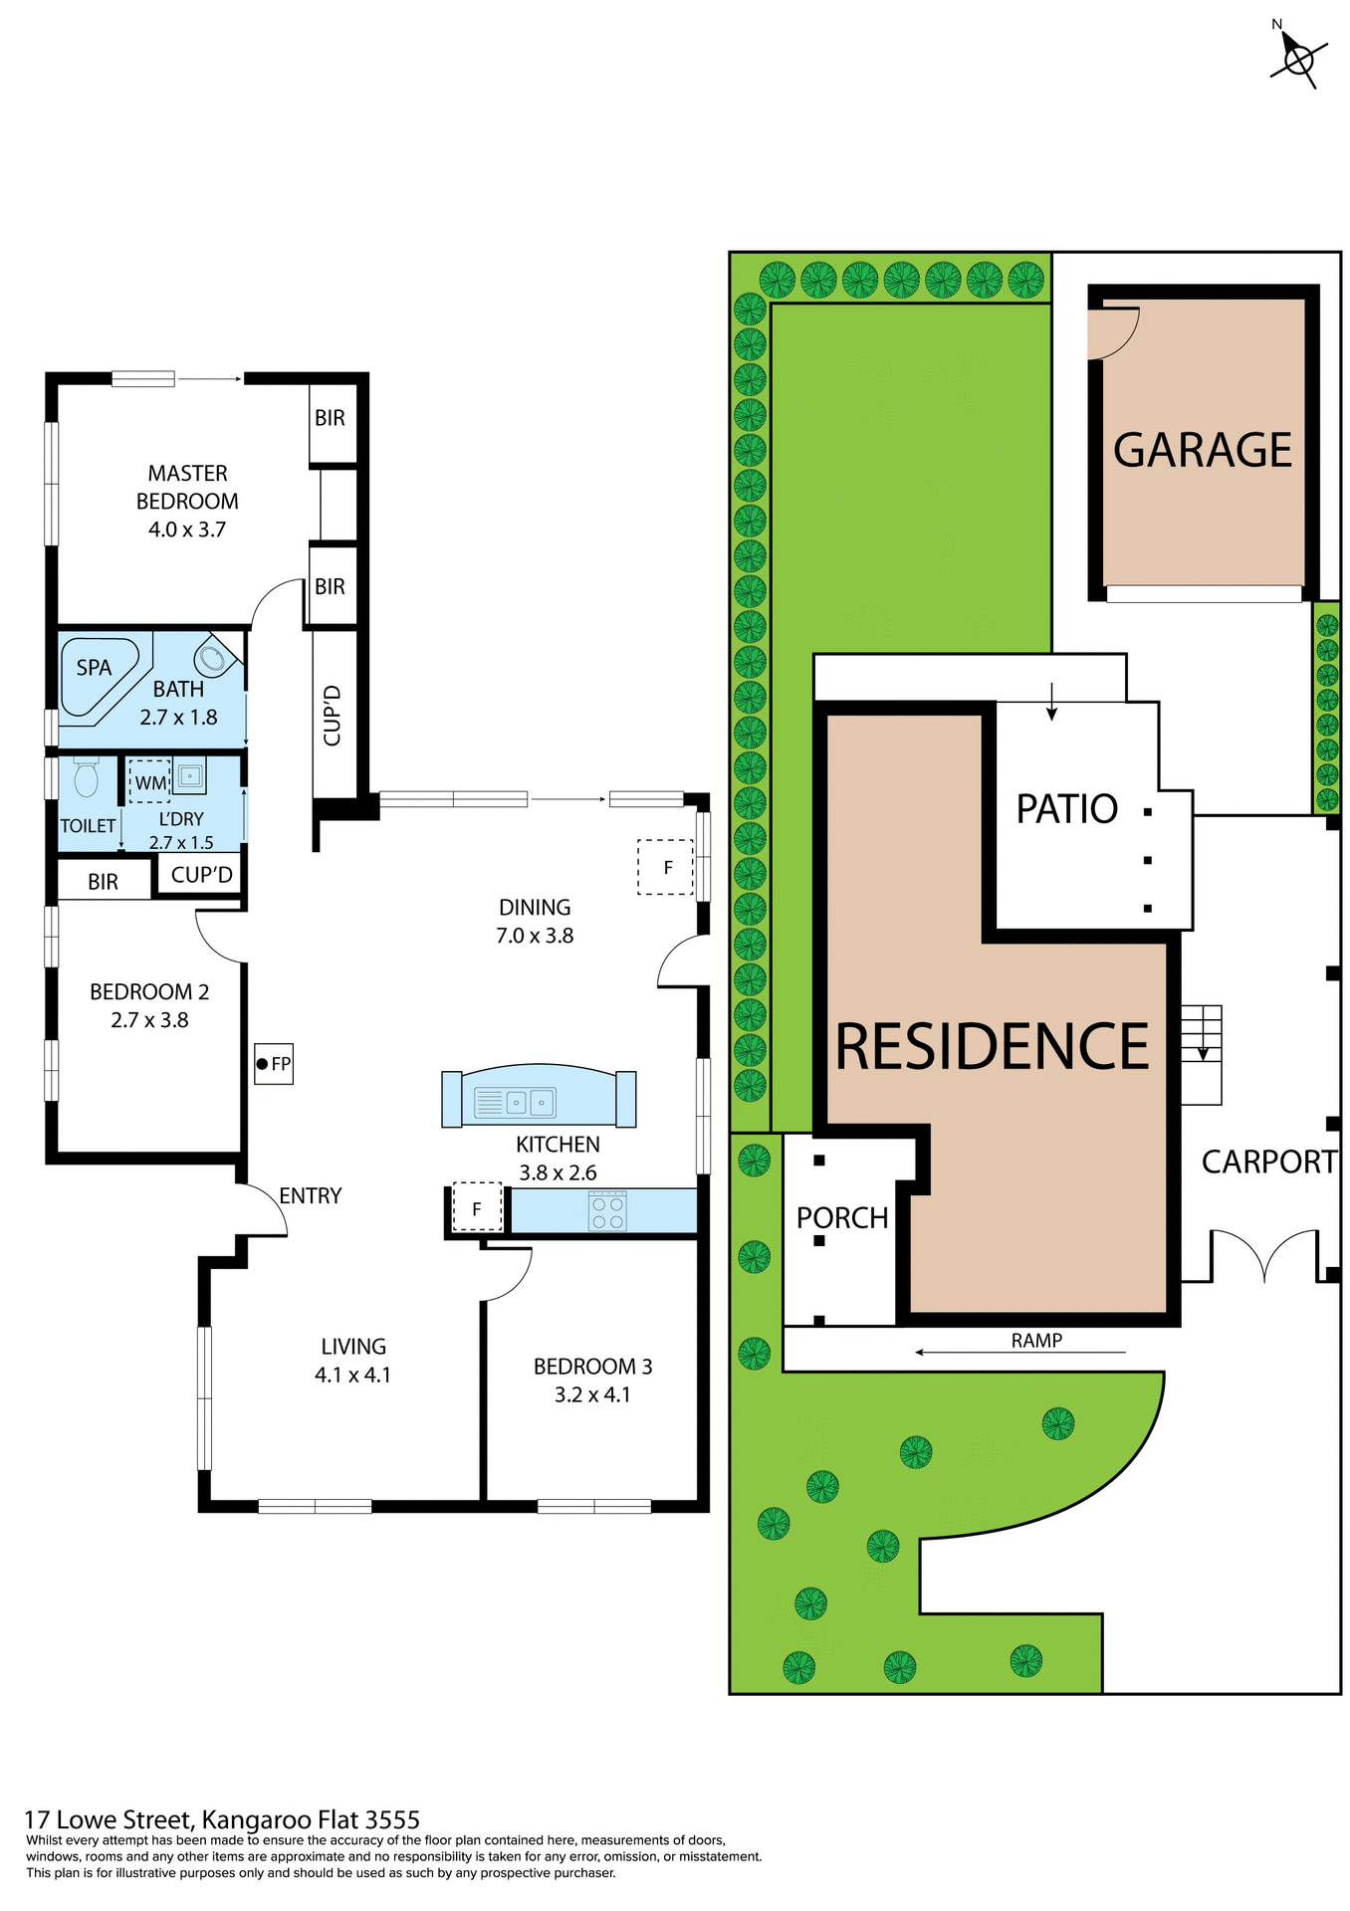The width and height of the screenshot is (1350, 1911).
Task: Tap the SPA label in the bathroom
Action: (x=94, y=668)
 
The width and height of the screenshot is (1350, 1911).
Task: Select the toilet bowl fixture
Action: (x=87, y=778)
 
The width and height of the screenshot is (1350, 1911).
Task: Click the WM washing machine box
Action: (x=150, y=782)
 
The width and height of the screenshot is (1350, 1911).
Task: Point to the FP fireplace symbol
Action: (x=274, y=1064)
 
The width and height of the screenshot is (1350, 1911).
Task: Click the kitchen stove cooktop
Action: (x=607, y=1210)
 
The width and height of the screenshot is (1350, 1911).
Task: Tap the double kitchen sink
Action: (x=529, y=1102)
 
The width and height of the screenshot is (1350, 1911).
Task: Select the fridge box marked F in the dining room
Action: (x=666, y=867)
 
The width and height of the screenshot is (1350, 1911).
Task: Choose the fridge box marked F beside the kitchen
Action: (x=477, y=1208)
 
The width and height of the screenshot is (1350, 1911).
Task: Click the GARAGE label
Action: (x=1202, y=450)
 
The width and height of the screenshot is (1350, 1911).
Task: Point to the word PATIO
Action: (x=1066, y=809)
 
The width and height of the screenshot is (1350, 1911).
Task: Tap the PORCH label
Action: (x=842, y=1218)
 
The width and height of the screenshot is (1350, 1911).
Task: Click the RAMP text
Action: (x=1036, y=1341)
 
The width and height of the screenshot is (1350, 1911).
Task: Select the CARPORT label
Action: (x=1268, y=1162)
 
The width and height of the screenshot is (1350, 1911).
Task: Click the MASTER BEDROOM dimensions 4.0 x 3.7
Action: (x=187, y=530)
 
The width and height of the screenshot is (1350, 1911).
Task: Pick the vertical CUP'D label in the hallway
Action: (x=333, y=715)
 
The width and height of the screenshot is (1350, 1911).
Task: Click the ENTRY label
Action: (x=311, y=1195)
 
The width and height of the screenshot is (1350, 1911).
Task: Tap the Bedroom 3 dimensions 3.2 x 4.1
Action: (x=592, y=1394)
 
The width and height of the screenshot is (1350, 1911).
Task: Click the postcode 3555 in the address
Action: (x=392, y=1820)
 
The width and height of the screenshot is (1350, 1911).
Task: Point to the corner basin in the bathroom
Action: (x=212, y=657)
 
